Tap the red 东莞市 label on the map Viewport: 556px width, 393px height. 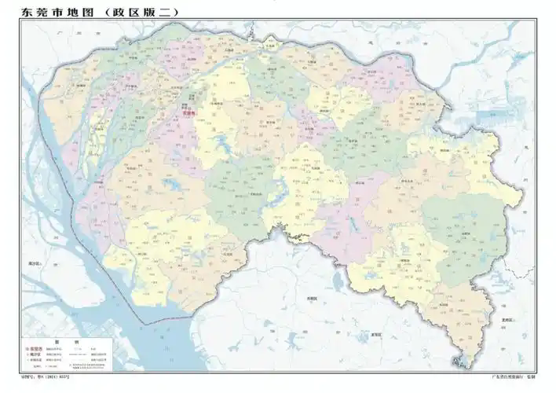[x=187, y=113]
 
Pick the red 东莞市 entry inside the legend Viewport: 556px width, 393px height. [x=35, y=349]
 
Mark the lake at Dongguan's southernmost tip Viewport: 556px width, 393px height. [x=459, y=362]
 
